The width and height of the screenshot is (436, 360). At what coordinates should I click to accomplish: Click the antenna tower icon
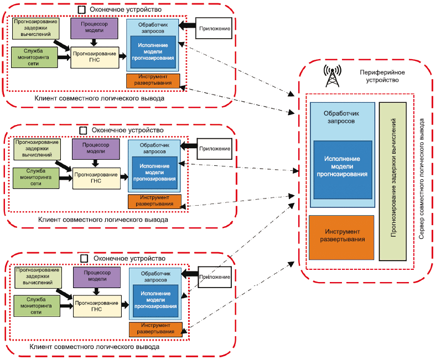click(333, 76)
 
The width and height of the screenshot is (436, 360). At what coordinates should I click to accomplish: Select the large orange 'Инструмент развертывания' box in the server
click(341, 237)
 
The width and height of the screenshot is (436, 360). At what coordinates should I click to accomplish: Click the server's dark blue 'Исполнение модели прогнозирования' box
click(343, 170)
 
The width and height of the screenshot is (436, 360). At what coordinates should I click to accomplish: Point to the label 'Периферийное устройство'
click(382, 76)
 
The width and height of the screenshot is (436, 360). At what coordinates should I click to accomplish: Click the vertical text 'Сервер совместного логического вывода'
click(422, 179)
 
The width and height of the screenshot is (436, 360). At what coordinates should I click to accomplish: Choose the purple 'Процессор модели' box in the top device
click(94, 28)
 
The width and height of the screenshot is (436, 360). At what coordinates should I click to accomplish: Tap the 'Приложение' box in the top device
click(214, 28)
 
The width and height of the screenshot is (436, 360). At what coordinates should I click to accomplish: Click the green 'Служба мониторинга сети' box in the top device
click(34, 58)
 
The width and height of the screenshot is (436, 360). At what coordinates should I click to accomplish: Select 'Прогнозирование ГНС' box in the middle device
click(96, 178)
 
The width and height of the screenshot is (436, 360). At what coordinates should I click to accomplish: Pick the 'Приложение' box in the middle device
click(214, 149)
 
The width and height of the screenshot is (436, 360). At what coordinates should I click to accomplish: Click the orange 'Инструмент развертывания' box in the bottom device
click(155, 330)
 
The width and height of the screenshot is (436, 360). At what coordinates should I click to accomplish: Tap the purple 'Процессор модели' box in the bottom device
click(97, 277)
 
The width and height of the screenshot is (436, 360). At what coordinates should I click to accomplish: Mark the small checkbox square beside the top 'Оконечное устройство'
click(81, 10)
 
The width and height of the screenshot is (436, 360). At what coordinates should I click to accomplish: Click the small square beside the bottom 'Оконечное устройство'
click(84, 259)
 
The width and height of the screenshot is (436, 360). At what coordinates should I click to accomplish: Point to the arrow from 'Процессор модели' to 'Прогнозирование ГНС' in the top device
click(94, 43)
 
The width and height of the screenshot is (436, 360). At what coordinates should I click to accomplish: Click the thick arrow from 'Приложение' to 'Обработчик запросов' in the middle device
click(189, 146)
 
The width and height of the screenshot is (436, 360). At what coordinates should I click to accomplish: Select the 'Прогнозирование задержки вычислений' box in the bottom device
click(38, 277)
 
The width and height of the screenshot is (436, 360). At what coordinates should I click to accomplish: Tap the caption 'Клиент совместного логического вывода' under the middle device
click(103, 220)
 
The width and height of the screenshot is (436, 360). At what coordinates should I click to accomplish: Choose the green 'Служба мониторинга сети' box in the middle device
click(36, 178)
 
